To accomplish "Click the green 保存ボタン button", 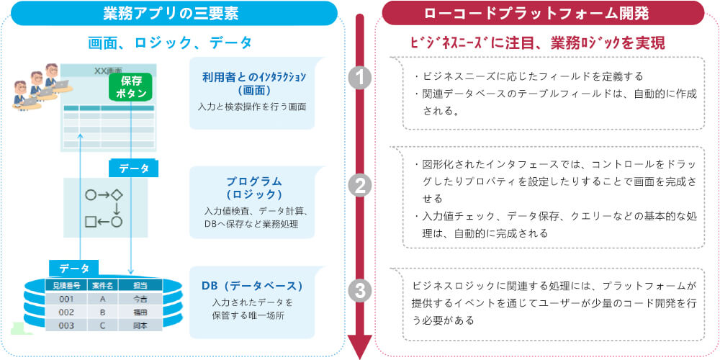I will [x=131, y=87].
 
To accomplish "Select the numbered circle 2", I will [x=359, y=186].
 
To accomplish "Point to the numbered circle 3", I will [x=359, y=291].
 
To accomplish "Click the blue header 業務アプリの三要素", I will [x=171, y=13].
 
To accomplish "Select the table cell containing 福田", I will [x=140, y=312].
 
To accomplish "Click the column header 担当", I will [x=140, y=286].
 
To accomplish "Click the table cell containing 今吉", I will [x=140, y=299].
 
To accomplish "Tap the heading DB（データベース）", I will [x=252, y=286].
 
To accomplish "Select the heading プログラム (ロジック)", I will [x=253, y=187].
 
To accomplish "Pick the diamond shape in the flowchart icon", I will [x=117, y=195].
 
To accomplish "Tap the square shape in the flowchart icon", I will [x=91, y=222].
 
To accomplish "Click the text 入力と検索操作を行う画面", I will [x=252, y=107].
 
